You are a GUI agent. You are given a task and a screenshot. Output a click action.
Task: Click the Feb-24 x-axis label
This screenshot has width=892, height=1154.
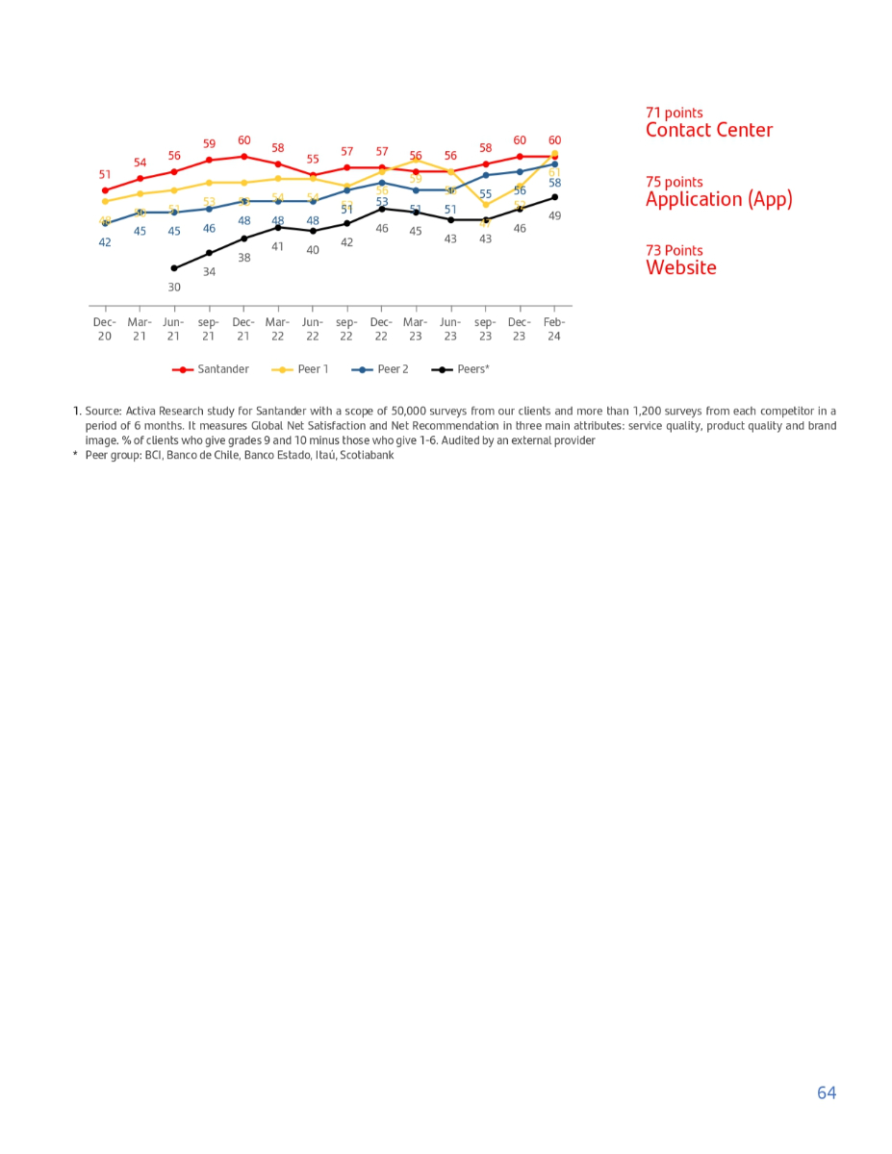pos(554,329)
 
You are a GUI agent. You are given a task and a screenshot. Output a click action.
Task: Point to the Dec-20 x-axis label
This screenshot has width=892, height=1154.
pos(104,329)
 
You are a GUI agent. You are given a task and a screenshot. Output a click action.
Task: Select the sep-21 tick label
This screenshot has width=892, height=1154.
pos(209,329)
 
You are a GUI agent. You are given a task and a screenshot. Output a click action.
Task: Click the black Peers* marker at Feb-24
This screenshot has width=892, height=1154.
pos(554,197)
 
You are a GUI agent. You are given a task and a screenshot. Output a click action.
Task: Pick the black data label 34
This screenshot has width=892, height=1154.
pos(209,272)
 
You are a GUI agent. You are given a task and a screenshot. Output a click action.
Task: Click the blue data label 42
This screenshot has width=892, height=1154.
pos(105,243)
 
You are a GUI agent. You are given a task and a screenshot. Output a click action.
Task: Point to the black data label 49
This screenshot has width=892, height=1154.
pos(555,216)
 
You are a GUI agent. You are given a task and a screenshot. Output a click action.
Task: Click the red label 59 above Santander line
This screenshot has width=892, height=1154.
pos(209,144)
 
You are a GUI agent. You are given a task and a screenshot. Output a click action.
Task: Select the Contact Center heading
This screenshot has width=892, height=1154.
pos(708,131)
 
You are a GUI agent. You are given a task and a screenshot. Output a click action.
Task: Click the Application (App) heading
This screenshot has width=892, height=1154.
pos(719,200)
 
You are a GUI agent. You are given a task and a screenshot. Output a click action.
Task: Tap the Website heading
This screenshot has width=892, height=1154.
pos(680,268)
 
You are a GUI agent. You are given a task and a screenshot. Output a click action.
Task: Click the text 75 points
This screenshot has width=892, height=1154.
pos(674,182)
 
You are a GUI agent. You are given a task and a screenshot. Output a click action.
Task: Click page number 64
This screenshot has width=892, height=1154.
pos(827,1092)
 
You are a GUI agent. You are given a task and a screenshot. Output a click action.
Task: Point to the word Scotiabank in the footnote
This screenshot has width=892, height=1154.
pos(366,456)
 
